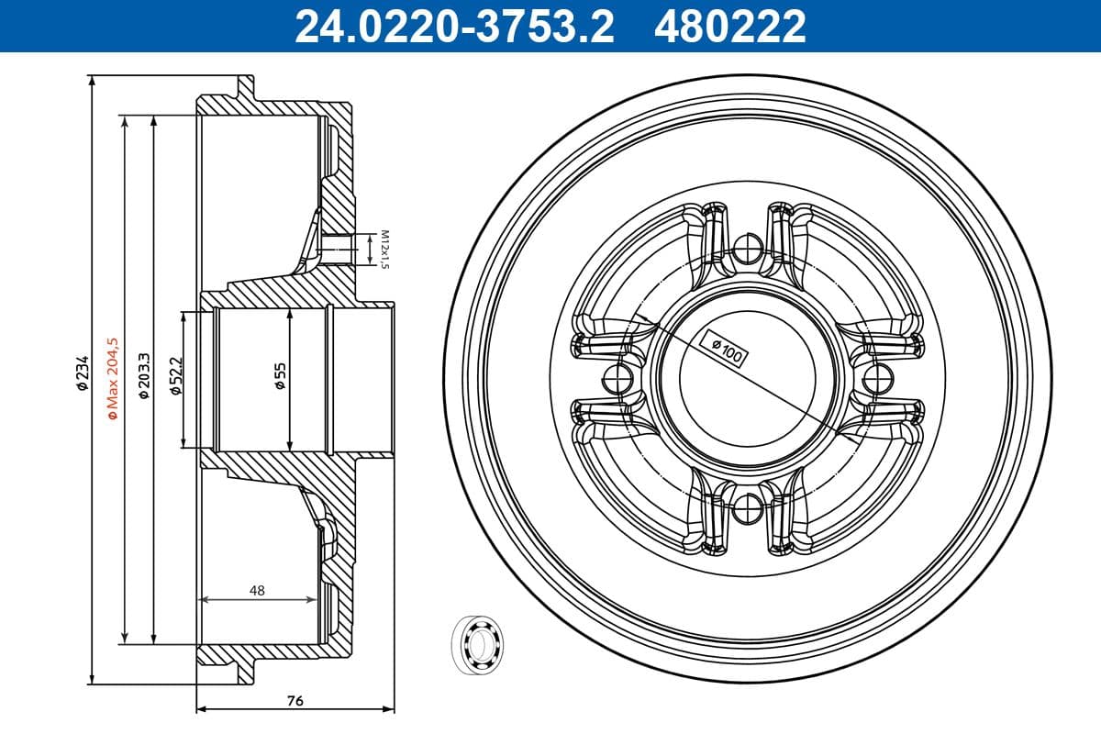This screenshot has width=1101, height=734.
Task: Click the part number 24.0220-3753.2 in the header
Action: [453, 26]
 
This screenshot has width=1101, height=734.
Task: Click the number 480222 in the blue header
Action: [729, 26]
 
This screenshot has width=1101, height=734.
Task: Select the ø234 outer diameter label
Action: [82, 374]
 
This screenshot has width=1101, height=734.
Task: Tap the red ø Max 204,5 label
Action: [113, 378]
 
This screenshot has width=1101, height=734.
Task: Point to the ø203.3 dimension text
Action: [143, 376]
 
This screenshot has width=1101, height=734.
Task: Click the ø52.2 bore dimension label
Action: [175, 376]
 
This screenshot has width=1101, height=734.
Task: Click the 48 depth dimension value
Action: [257, 591]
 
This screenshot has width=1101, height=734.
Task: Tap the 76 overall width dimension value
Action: [295, 701]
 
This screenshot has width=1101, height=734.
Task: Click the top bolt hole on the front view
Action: [749, 245]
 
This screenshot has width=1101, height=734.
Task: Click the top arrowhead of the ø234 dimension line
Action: [92, 81]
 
